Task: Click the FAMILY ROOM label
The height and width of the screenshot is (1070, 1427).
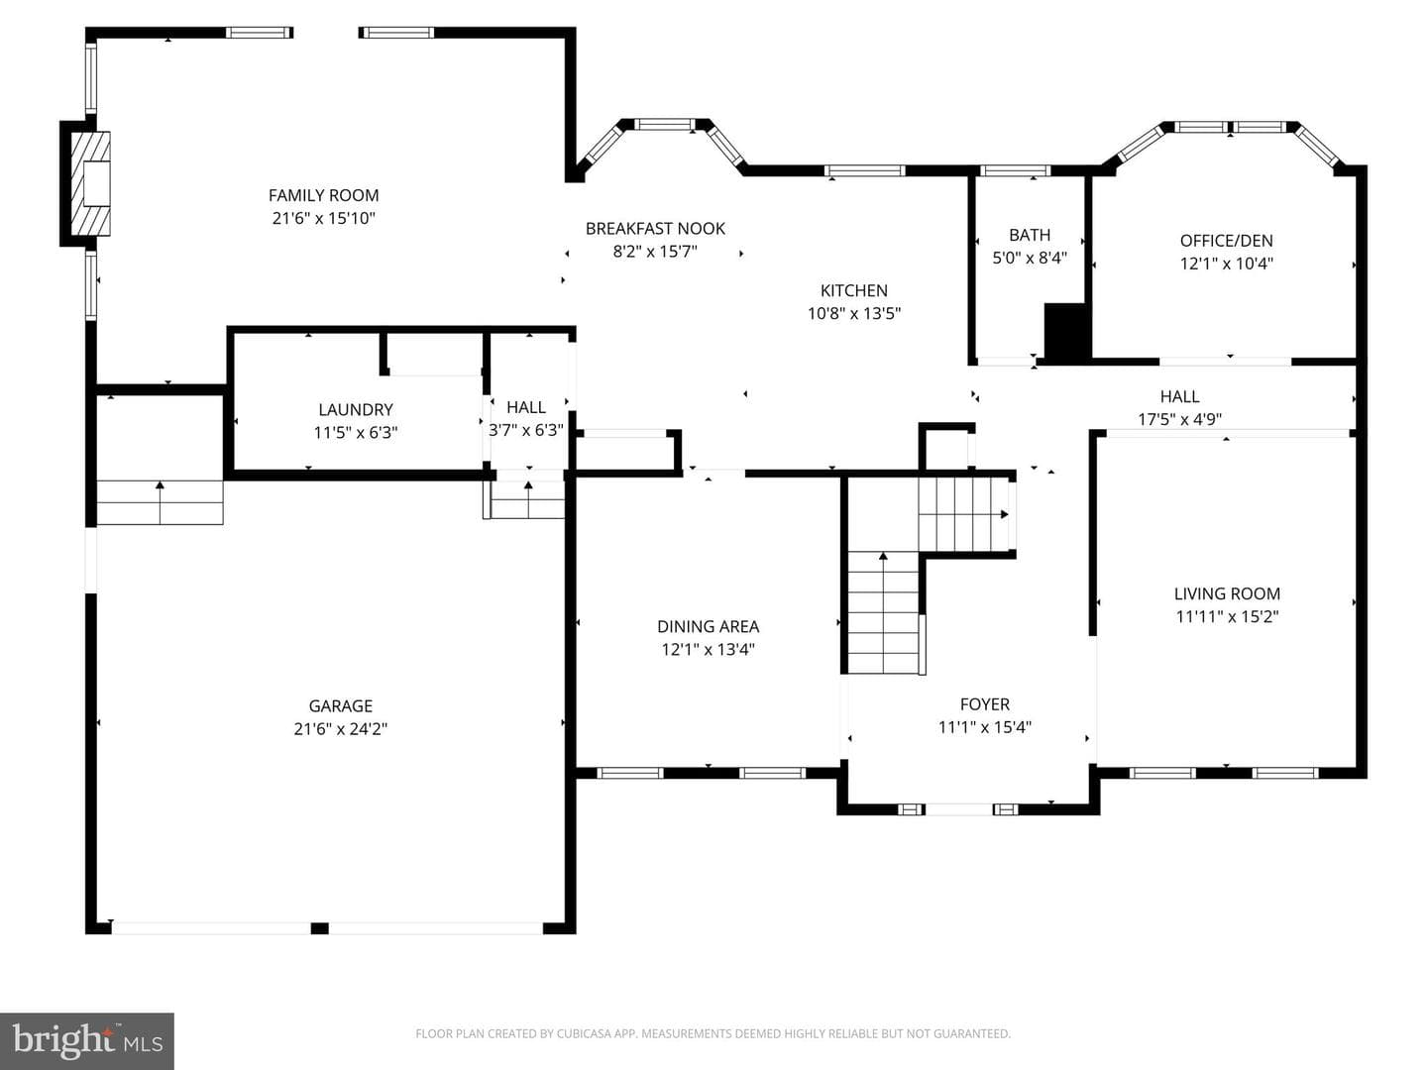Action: click(x=323, y=195)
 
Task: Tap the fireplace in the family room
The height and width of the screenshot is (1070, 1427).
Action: click(x=90, y=183)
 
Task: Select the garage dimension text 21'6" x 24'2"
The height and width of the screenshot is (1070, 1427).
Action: click(x=340, y=729)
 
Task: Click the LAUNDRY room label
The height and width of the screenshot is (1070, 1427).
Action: click(x=356, y=410)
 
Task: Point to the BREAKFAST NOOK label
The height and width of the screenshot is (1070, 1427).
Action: click(x=655, y=229)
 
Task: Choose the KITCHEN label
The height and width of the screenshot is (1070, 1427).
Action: click(x=853, y=290)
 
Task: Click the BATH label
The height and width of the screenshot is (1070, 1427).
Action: click(x=1030, y=235)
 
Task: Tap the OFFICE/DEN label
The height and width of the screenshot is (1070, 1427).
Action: click(x=1226, y=241)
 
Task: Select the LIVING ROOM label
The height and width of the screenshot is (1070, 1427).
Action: click(x=1227, y=593)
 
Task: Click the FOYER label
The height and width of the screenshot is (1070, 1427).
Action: click(x=984, y=704)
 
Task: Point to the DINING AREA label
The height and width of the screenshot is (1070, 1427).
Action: click(x=708, y=626)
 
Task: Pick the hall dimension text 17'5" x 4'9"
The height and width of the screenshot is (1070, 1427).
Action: click(x=1179, y=420)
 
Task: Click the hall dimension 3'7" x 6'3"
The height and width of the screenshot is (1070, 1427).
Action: click(x=526, y=430)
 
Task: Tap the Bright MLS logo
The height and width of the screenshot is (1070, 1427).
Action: click(x=87, y=1041)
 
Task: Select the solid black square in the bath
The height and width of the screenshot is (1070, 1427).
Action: click(x=1066, y=332)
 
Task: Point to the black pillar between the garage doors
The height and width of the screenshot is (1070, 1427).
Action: click(x=319, y=928)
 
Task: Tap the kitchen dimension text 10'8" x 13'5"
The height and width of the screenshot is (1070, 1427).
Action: click(x=853, y=314)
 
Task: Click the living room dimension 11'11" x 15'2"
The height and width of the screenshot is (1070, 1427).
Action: click(x=1227, y=616)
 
